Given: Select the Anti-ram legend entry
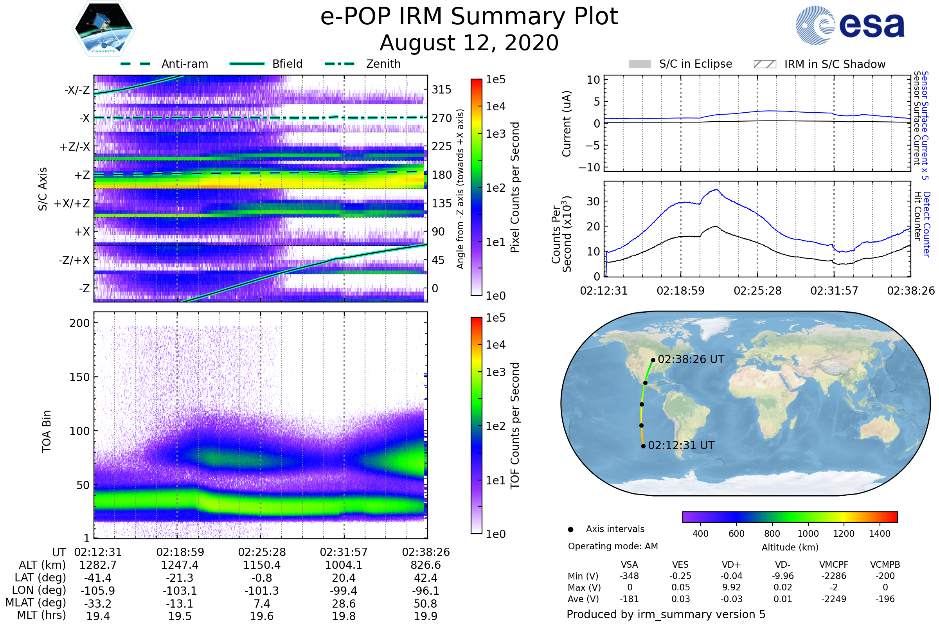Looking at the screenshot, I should click(184, 64).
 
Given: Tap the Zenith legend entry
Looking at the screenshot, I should click(383, 64).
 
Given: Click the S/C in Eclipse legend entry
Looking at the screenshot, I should click(695, 64).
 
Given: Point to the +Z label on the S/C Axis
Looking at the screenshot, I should click(82, 175).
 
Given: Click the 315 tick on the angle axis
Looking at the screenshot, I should click(442, 90).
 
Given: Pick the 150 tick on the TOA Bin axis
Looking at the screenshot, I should click(79, 377).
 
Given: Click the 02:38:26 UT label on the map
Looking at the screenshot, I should click(691, 359).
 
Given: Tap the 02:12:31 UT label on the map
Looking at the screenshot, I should click(681, 446).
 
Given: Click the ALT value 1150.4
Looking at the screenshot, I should click(262, 565).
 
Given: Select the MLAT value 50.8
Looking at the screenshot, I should click(426, 604).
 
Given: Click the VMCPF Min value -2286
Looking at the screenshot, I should click(834, 576).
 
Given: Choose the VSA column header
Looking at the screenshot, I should click(629, 565).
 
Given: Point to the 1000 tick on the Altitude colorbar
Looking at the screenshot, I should click(808, 534).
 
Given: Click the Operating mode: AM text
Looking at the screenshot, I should click(613, 546).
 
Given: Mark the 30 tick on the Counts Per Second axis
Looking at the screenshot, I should click(593, 201).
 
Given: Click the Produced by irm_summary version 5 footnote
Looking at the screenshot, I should click(666, 614).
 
